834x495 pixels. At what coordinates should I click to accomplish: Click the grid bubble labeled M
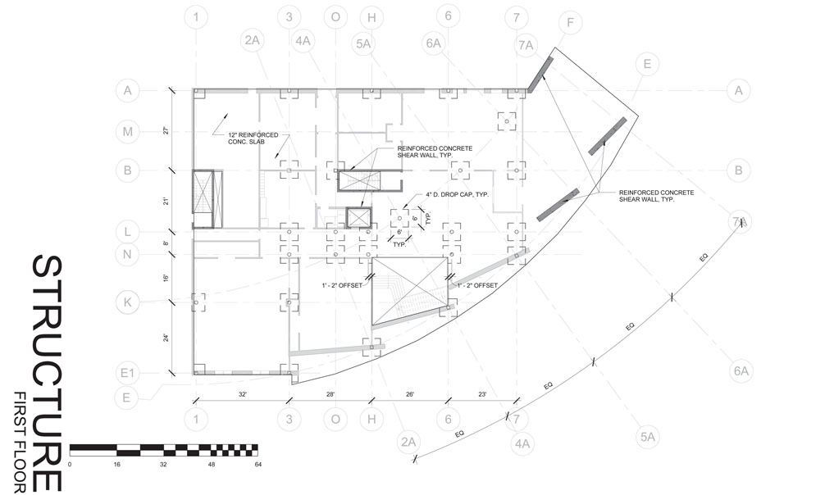(x=128, y=131)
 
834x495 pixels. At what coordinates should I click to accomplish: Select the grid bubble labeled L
(x=128, y=233)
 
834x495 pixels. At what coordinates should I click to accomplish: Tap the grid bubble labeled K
(x=128, y=301)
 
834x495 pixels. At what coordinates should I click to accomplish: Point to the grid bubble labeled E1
(x=128, y=374)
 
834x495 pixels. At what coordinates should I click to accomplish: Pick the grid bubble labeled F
(x=570, y=23)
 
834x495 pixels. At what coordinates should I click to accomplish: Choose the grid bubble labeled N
(x=128, y=255)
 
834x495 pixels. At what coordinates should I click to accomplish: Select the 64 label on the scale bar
(x=257, y=465)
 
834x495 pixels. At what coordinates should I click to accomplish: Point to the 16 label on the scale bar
(x=117, y=465)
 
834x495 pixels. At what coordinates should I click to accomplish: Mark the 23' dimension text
(x=483, y=395)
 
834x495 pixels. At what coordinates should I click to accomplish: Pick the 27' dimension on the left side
(x=165, y=129)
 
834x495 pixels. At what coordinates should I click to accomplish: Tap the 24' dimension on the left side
(x=165, y=338)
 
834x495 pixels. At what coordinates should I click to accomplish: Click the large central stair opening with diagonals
(x=410, y=292)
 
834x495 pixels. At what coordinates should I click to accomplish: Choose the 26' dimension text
(x=409, y=395)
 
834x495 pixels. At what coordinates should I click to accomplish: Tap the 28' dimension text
(x=330, y=395)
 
